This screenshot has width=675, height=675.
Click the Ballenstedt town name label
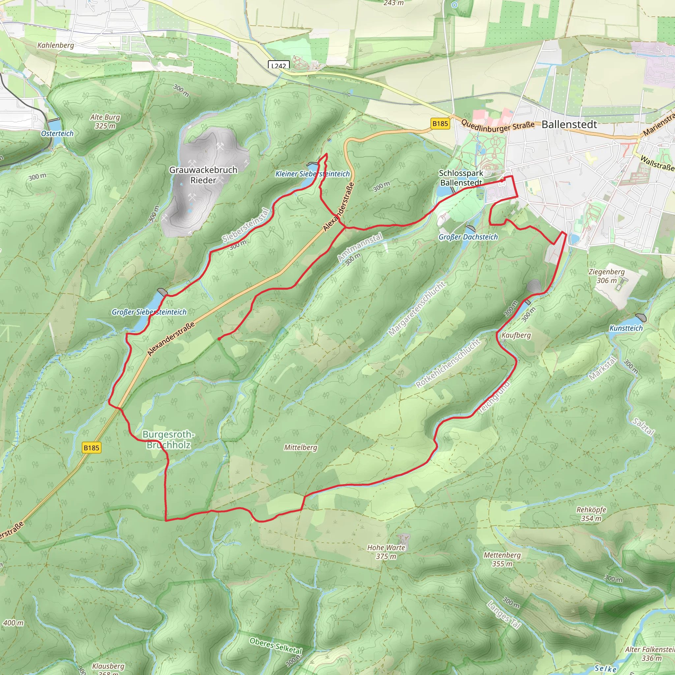[569, 124]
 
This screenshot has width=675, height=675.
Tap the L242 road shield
[279, 65]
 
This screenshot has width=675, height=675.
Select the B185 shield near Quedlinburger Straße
[440, 123]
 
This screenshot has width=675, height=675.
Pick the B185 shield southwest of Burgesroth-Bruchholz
[92, 448]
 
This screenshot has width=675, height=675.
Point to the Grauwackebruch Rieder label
[203, 175]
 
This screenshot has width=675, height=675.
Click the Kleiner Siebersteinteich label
[312, 174]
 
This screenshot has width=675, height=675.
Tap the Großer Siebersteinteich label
[149, 312]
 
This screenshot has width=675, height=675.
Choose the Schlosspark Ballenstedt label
[461, 178]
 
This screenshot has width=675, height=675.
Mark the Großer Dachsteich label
[468, 237]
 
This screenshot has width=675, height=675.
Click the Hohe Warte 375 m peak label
[386, 552]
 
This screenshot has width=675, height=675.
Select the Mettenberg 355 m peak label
[502, 559]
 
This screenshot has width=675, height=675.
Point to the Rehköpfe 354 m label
[591, 514]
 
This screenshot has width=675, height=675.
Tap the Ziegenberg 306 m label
[606, 276]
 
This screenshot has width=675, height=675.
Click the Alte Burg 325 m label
[105, 121]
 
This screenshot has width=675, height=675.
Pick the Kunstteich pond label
[626, 328]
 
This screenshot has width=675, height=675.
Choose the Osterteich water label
[57, 133]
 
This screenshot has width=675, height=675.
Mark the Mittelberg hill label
[301, 447]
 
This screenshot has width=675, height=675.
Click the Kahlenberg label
[56, 45]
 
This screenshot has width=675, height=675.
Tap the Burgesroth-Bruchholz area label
[168, 440]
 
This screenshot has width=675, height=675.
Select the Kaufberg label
[516, 335]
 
